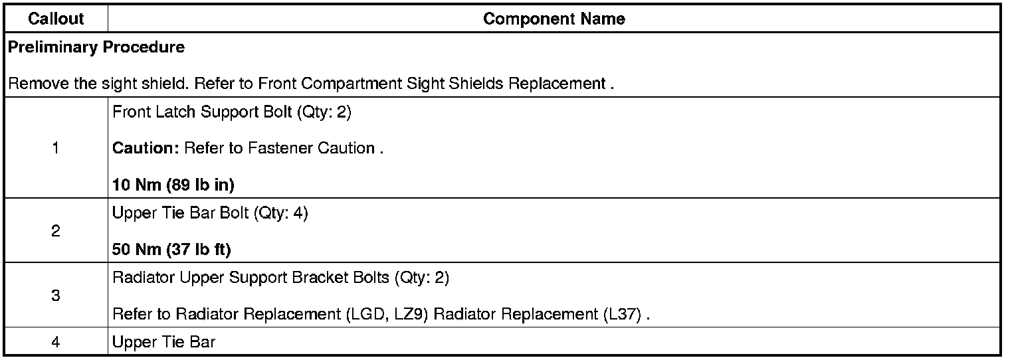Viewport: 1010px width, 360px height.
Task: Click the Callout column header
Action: point(56,19)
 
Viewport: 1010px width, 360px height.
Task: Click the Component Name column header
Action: point(554,19)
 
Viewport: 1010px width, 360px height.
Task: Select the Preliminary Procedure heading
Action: point(96,48)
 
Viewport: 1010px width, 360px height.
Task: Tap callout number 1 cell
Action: point(56,148)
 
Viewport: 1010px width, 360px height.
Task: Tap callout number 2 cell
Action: point(56,231)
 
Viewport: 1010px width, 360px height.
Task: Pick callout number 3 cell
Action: point(56,296)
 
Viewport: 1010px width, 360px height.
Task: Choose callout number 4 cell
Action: point(56,342)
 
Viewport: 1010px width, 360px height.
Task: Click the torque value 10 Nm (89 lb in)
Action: point(173,185)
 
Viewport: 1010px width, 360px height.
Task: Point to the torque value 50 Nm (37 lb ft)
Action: point(171,250)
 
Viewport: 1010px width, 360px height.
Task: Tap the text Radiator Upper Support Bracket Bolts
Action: point(251,278)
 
